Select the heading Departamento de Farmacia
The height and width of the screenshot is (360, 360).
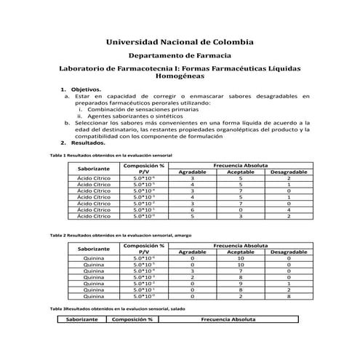click(x=180, y=55)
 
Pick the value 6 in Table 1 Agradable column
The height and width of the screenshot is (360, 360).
click(x=192, y=209)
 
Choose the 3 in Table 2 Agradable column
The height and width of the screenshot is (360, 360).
click(x=192, y=270)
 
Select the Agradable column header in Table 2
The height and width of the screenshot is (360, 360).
click(x=192, y=251)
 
